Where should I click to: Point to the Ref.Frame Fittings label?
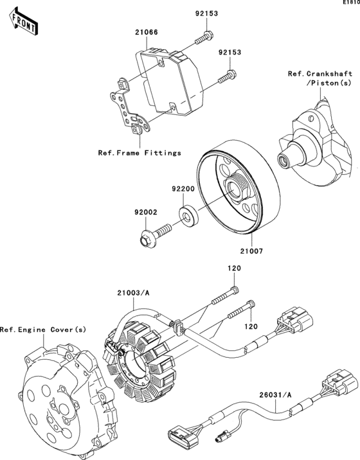coord(139,153)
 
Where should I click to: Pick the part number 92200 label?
coord(183,189)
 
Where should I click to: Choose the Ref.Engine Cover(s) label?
coord(42,330)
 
